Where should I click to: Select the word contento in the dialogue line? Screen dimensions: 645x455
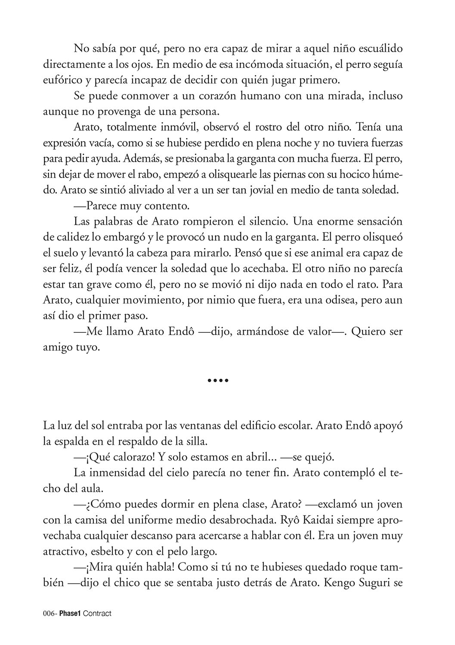[x=169, y=206]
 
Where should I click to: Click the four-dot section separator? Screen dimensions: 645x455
[x=218, y=380]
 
